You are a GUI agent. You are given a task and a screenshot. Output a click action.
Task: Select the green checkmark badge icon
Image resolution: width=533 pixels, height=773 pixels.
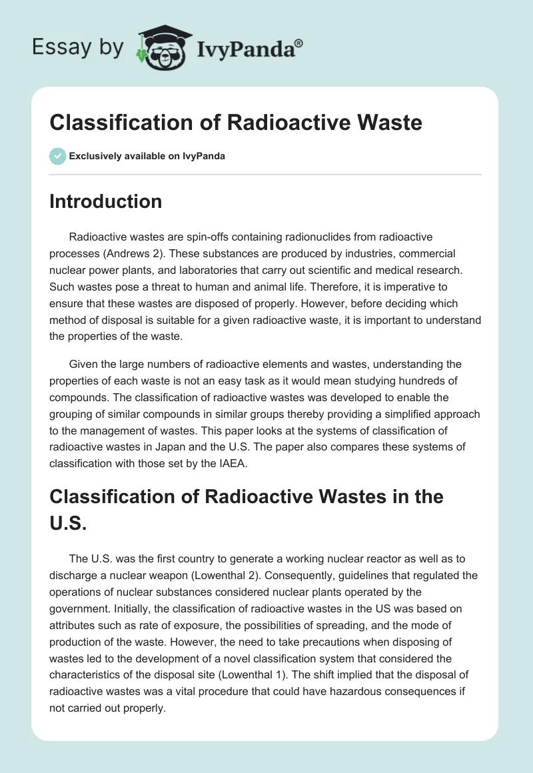click(57, 156)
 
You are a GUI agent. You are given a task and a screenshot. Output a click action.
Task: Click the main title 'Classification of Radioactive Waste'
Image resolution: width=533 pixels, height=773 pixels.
click(236, 122)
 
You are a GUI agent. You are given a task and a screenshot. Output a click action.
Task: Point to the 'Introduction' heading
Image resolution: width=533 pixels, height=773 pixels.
click(105, 201)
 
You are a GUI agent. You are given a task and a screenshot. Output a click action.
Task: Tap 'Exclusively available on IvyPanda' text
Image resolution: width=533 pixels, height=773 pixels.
click(147, 156)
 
